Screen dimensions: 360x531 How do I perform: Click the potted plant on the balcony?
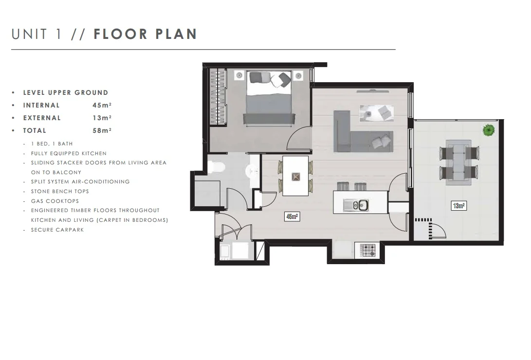tap(488, 130)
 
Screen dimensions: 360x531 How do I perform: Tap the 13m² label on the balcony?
tap(458, 206)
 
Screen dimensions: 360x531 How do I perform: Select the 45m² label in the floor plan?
tap(292, 217)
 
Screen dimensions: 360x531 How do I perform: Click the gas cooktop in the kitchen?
tap(368, 251)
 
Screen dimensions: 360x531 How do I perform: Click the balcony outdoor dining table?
tap(458, 161)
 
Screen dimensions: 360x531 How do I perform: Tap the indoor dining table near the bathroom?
tap(295, 176)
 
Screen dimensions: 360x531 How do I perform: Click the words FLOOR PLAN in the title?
tap(145, 34)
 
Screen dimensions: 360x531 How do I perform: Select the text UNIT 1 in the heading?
tap(37, 34)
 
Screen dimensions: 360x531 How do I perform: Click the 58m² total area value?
tap(102, 130)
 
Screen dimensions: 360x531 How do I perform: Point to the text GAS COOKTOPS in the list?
tap(55, 201)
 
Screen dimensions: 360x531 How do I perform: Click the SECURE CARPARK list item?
tap(57, 230)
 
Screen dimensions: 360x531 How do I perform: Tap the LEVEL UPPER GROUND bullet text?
tap(66, 92)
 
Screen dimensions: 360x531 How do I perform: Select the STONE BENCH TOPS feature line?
tap(60, 191)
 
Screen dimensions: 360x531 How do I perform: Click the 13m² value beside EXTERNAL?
tap(102, 118)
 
